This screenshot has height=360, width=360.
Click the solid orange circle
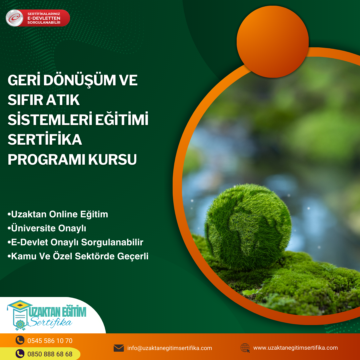coord(273,42)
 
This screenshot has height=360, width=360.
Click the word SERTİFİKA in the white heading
coord(45,139)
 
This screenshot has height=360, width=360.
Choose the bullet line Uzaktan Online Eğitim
coord(58,214)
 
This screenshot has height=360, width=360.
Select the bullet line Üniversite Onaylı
coord(47,228)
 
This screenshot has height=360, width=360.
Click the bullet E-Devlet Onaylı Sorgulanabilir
coord(75,242)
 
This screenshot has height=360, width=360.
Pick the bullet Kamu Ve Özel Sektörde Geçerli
coord(78,256)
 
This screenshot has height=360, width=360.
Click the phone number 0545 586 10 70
coord(50,341)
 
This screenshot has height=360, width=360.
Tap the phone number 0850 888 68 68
coord(50,354)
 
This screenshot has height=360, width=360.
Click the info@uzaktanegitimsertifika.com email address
coord(170,348)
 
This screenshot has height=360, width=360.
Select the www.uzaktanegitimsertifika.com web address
coord(295,348)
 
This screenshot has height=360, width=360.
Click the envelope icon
coord(119,348)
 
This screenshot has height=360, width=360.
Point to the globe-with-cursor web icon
coord(245,348)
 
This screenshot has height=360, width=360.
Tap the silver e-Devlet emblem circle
coord(14,18)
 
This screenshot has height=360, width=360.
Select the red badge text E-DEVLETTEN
coord(44,18)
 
